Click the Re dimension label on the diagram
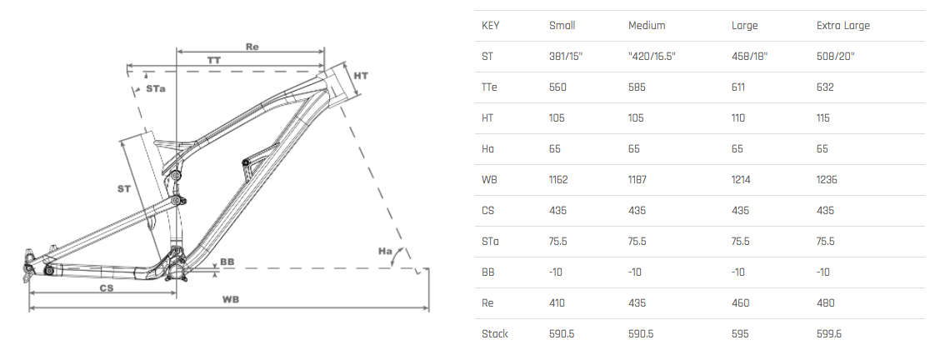252,46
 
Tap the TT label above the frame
213,60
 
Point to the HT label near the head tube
361,76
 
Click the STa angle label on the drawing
155,87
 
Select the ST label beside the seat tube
124,189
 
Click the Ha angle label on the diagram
385,251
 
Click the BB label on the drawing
227,261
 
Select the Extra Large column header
842,25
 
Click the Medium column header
647,25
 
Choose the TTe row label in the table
489,87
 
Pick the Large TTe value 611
738,87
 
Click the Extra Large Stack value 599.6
830,333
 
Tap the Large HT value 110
738,117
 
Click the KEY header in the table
490,25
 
